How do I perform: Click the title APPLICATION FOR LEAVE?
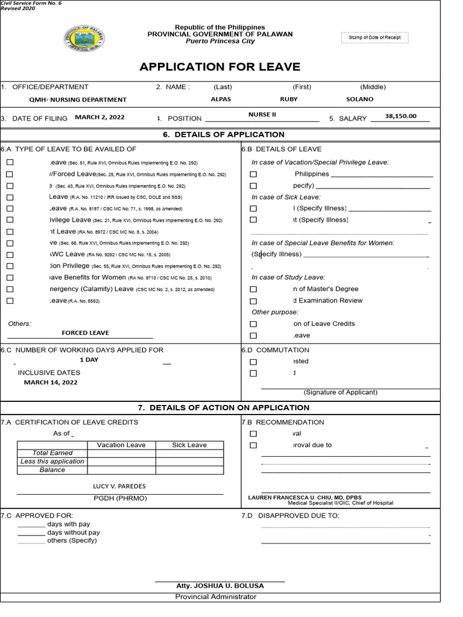coord(219,67)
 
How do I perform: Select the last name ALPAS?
coord(221,99)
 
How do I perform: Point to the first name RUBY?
coord(289,99)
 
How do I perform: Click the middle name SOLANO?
coord(360,99)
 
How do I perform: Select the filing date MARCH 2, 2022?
coord(99,117)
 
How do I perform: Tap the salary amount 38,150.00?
coord(400,116)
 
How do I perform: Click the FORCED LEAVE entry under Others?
coord(85,333)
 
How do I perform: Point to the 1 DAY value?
coord(89,360)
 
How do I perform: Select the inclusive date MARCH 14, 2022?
coord(51,382)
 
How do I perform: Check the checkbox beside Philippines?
coord(253,174)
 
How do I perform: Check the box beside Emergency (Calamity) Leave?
coord(10,289)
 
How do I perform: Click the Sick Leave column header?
coord(189,445)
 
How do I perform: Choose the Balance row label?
coord(52,470)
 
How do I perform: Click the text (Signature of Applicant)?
coord(341,392)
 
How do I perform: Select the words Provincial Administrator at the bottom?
coord(215,597)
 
